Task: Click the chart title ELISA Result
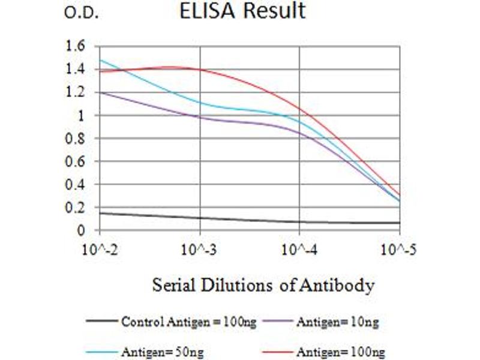[x=242, y=11]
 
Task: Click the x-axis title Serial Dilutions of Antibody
[x=263, y=284]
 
